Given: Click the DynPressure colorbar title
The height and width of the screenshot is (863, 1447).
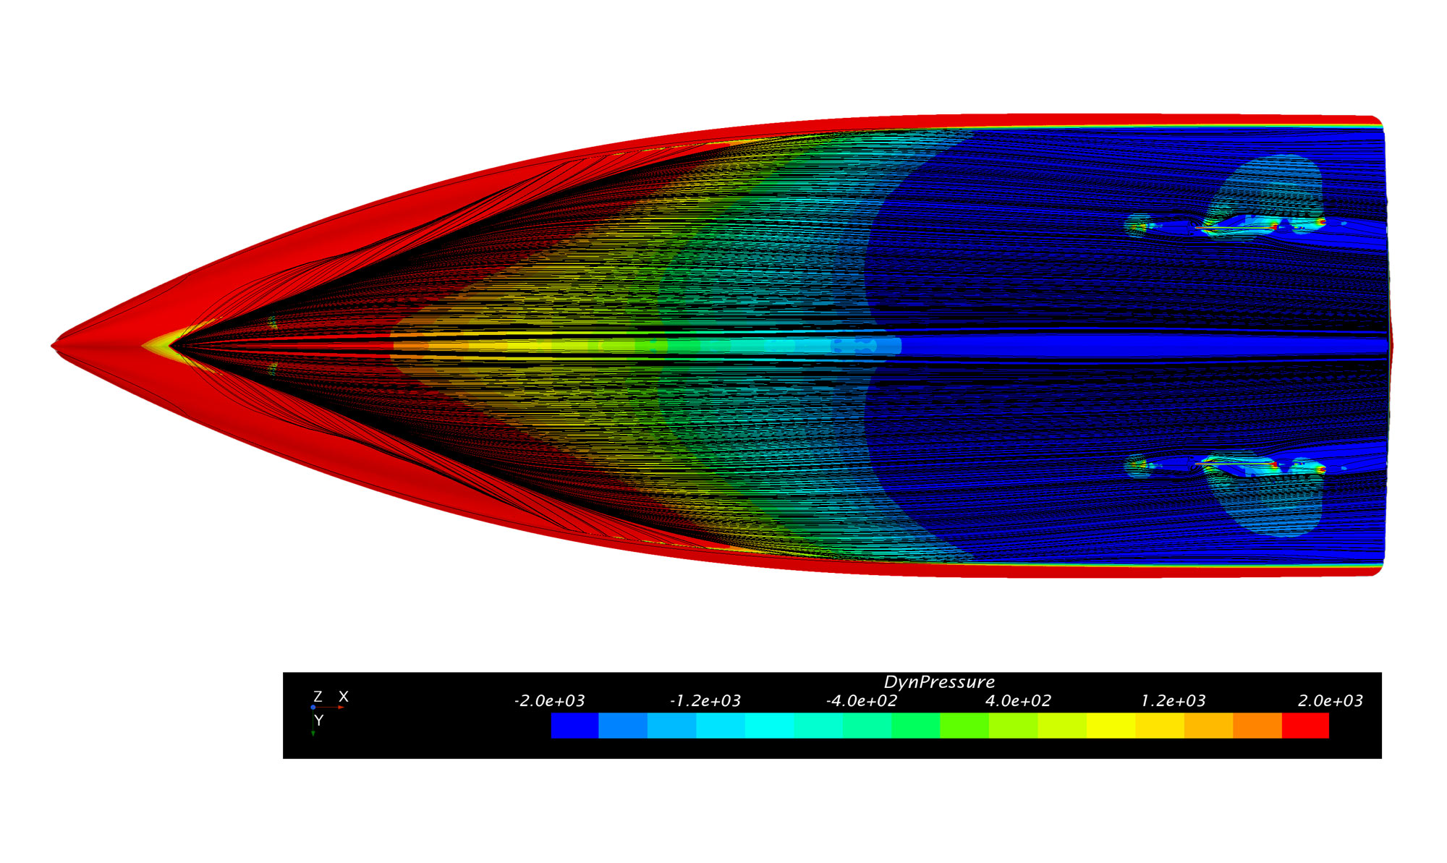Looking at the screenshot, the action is click(x=939, y=682).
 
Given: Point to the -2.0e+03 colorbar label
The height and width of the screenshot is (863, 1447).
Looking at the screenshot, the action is click(x=549, y=701).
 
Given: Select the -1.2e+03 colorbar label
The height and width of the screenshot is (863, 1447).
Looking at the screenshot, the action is click(x=705, y=701).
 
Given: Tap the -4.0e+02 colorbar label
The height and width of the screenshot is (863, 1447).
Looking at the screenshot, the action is click(x=862, y=701).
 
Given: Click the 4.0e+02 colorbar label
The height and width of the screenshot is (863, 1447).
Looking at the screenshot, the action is click(x=1018, y=701).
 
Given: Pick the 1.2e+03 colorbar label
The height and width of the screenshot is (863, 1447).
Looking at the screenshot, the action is click(x=1174, y=701).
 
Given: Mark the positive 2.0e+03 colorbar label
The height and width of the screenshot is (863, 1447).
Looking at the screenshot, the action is click(x=1331, y=701).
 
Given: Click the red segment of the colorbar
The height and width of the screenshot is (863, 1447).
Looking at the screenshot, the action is click(x=1305, y=726).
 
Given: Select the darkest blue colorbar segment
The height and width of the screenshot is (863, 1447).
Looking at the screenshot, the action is click(x=575, y=726).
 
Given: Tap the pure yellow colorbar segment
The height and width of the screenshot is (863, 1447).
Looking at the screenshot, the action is click(x=1111, y=726).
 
